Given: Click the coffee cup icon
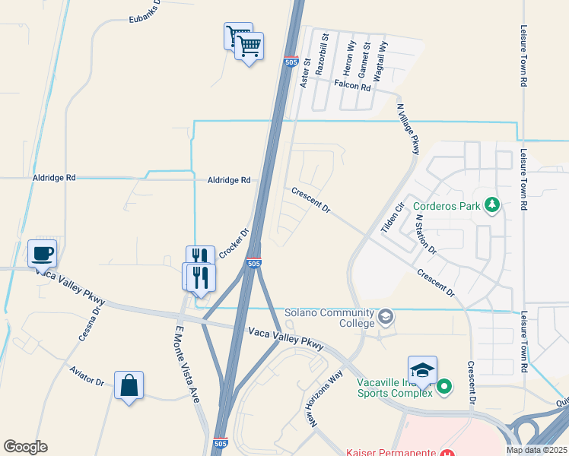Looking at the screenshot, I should [42, 253].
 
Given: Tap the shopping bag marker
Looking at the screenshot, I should [129, 385].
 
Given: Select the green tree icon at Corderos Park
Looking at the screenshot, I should [493, 205].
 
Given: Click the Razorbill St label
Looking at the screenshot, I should [323, 52].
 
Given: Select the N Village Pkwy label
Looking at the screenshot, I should [406, 129].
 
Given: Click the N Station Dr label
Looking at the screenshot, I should [425, 233].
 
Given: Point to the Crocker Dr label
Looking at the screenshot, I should [234, 243].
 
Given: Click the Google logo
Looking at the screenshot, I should [25, 447].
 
